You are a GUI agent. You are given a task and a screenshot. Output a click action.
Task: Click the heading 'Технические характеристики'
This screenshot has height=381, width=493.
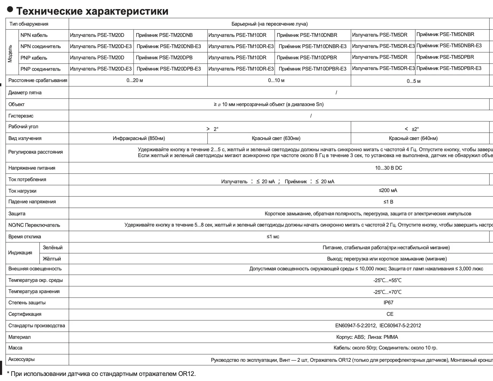click(92, 11)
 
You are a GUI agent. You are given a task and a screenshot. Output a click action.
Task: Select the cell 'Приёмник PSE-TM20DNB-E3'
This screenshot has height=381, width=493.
click(169, 46)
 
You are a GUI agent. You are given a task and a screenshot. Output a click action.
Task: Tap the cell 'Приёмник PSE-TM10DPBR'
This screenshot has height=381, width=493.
click(307, 57)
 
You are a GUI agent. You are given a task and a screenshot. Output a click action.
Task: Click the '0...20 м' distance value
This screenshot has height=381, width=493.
click(135, 80)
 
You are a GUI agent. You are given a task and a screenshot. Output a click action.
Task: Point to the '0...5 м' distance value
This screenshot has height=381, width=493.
click(413, 81)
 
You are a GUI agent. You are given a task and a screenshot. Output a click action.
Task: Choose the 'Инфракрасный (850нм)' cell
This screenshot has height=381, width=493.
click(139, 138)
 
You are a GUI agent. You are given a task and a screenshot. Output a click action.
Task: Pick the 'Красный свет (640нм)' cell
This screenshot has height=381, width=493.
click(413, 138)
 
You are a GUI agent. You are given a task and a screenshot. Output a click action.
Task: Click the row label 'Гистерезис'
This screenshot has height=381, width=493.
click(21, 116)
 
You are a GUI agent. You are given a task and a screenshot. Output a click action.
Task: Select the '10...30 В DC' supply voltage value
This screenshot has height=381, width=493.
click(388, 168)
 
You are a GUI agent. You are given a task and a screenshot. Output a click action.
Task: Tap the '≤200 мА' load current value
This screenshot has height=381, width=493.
click(388, 190)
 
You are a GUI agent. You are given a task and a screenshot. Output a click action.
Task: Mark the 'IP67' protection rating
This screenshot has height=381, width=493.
click(388, 303)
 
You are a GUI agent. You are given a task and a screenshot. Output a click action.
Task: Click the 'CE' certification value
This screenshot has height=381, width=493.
click(390, 314)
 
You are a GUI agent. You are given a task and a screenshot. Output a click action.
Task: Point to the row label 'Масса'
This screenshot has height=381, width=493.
click(15, 348)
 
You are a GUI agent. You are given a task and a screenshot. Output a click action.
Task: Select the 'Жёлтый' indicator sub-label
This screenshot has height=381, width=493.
click(52, 259)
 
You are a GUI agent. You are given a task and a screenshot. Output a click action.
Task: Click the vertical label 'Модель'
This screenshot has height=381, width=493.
click(10, 53)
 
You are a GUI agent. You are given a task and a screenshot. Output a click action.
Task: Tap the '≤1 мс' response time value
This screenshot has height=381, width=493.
click(273, 237)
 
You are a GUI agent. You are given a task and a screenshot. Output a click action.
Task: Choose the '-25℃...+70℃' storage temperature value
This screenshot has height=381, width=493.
click(387, 292)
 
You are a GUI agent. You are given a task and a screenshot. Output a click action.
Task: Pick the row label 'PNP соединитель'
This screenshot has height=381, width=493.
click(41, 69)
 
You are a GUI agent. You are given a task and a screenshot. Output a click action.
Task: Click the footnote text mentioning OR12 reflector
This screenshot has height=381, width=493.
click(101, 374)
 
